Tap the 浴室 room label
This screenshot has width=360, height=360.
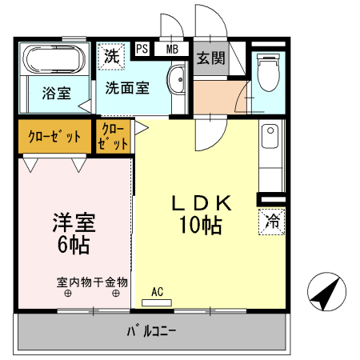pyautogui.click(x=55, y=92)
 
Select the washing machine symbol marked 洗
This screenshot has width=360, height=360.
pyautogui.click(x=111, y=56)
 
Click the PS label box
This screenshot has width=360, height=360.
pyautogui.click(x=142, y=49)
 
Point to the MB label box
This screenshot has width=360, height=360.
pyautogui.click(x=172, y=49)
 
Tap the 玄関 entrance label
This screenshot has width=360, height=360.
pyautogui.click(x=211, y=58)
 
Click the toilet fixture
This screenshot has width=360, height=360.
pyautogui.click(x=267, y=72)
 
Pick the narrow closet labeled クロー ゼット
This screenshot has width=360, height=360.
pyautogui.click(x=114, y=137)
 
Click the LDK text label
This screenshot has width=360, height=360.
pyautogui.click(x=201, y=204)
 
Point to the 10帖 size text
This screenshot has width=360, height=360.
pyautogui.click(x=201, y=226)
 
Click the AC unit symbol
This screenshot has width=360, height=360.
pyautogui.click(x=157, y=302)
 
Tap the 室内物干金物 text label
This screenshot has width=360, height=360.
pyautogui.click(x=92, y=282)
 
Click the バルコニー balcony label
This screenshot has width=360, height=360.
pyautogui.click(x=151, y=330)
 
